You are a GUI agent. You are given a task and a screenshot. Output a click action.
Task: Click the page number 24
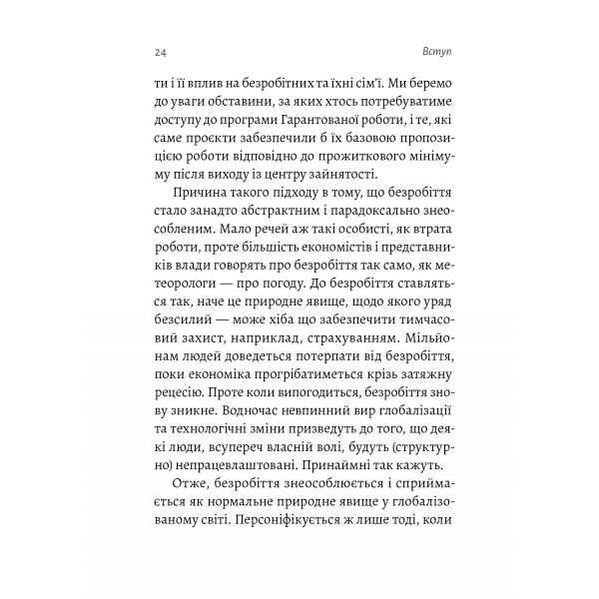point(162,51)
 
